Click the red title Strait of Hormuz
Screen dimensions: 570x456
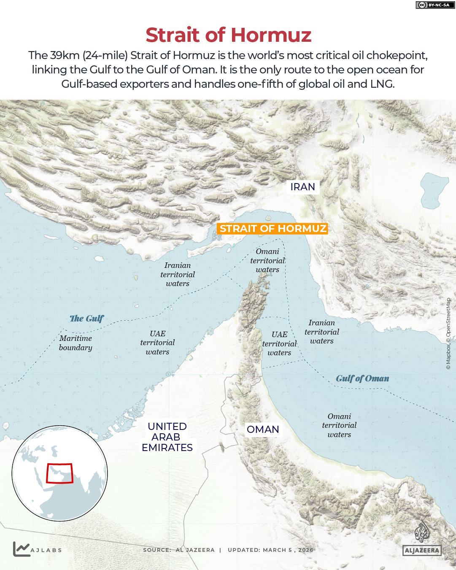click(x=228, y=35)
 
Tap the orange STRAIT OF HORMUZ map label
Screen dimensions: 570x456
click(x=273, y=229)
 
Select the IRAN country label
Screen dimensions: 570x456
click(x=302, y=187)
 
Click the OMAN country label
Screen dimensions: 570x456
click(x=263, y=430)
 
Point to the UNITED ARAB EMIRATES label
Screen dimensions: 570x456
click(x=167, y=437)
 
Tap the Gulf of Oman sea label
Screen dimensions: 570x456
click(x=362, y=378)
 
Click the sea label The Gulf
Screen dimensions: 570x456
click(x=86, y=319)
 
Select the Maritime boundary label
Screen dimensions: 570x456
click(x=76, y=343)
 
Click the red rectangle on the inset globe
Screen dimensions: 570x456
click(x=59, y=473)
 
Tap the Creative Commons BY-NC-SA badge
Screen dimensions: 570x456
click(x=435, y=5)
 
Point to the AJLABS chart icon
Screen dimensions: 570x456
click(x=21, y=549)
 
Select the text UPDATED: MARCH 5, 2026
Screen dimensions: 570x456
click(x=270, y=550)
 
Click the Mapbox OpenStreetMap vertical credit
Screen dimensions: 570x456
click(x=448, y=334)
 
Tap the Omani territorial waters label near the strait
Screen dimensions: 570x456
click(x=267, y=260)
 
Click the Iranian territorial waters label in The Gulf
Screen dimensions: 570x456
click(x=178, y=274)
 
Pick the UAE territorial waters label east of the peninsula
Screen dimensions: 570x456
click(x=279, y=343)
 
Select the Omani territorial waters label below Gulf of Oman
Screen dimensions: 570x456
click(x=339, y=425)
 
